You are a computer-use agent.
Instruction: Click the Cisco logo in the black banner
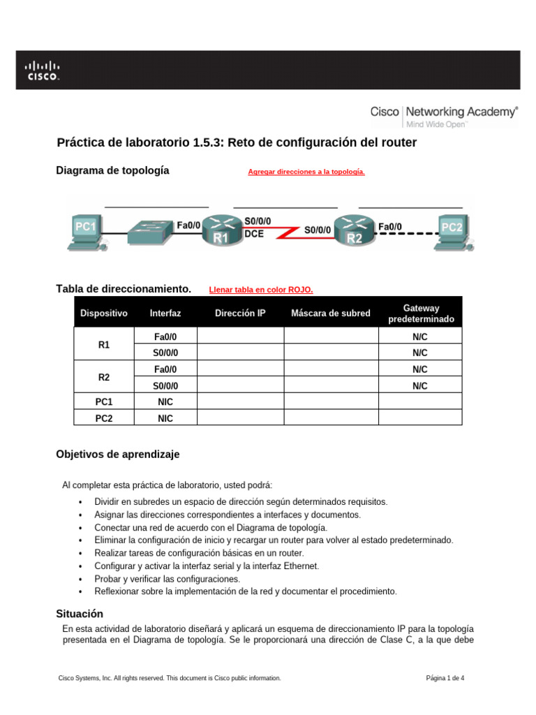point(43,70)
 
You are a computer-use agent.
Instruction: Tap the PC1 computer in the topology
point(84,230)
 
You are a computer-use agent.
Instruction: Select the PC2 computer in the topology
point(452,230)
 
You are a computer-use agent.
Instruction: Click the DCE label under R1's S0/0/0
point(254,235)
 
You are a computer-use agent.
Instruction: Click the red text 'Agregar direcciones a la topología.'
point(306,172)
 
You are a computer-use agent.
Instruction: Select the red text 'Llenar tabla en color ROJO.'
point(261,290)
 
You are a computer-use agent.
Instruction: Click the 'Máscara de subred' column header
point(331,314)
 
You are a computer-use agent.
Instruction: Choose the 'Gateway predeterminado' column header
point(421,314)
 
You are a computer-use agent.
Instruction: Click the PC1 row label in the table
point(104,402)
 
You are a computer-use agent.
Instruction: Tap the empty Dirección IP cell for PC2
point(240,418)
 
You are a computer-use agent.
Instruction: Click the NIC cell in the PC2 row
point(165,418)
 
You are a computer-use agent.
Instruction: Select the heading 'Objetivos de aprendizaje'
point(117,455)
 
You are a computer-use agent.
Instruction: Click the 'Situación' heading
point(80,614)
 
